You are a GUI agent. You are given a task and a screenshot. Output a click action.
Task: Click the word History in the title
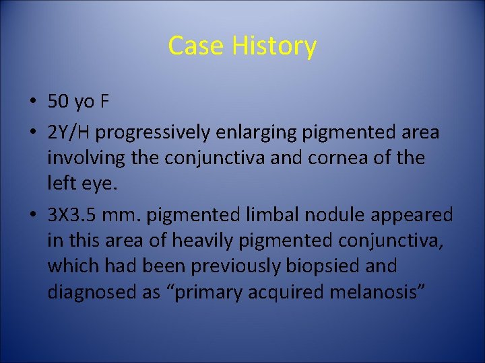click(x=273, y=46)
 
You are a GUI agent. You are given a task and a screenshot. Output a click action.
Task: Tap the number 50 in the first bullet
click(x=59, y=102)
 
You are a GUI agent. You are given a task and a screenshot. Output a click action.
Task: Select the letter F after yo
click(x=104, y=102)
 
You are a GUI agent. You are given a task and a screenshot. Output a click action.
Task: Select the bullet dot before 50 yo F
click(x=33, y=102)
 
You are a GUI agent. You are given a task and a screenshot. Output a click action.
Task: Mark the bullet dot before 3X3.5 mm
click(x=33, y=215)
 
